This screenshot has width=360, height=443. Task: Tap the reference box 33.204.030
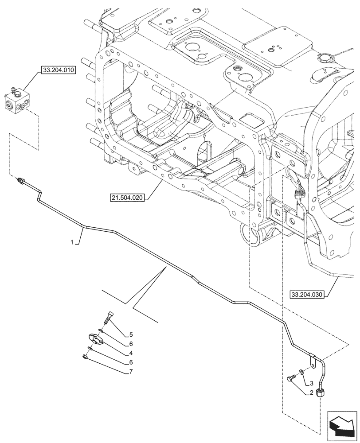click(307, 294)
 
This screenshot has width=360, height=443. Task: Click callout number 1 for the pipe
click(71, 243)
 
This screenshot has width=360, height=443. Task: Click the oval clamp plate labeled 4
click(95, 339)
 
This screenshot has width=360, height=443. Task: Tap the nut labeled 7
click(85, 356)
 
